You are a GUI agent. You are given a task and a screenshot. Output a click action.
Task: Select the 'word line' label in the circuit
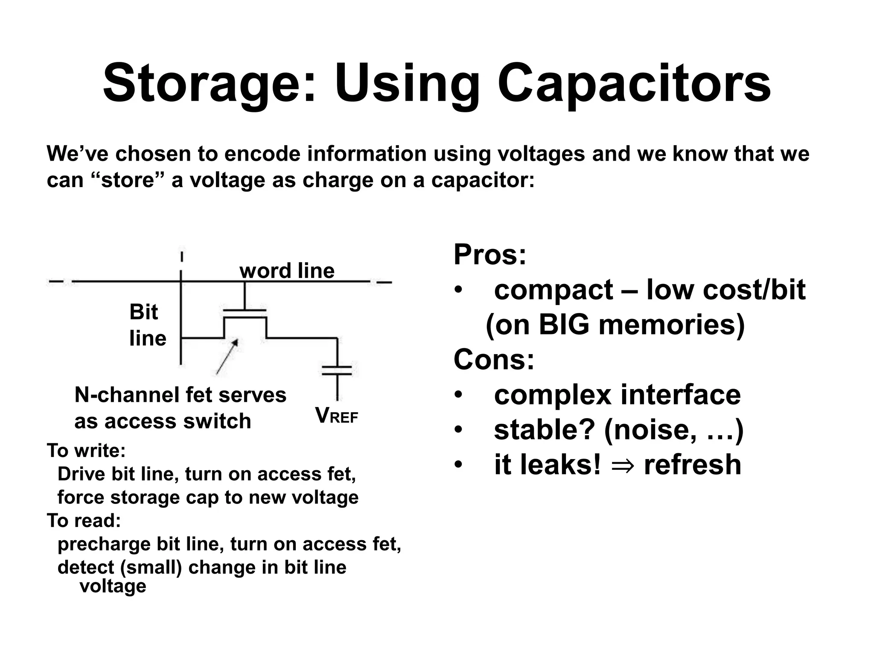pos(287,270)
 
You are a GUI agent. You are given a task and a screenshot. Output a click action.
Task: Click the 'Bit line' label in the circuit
pos(147,325)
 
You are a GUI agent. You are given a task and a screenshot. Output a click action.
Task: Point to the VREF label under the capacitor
pos(336,416)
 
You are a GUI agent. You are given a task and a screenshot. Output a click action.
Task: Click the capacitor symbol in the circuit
pos(337,370)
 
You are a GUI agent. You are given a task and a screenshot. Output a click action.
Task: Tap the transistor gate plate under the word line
pos(245,311)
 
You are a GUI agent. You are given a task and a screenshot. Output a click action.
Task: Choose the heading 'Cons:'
pos(493,359)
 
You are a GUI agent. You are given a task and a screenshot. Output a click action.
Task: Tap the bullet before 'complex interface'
pos(458,395)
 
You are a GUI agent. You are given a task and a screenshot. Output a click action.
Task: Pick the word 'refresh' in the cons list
pos(692,465)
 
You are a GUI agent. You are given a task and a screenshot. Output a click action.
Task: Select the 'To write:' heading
pos(86,450)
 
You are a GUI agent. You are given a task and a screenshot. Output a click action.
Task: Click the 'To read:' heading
pos(84,520)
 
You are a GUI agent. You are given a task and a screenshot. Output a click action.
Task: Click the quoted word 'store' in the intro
pos(128,180)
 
